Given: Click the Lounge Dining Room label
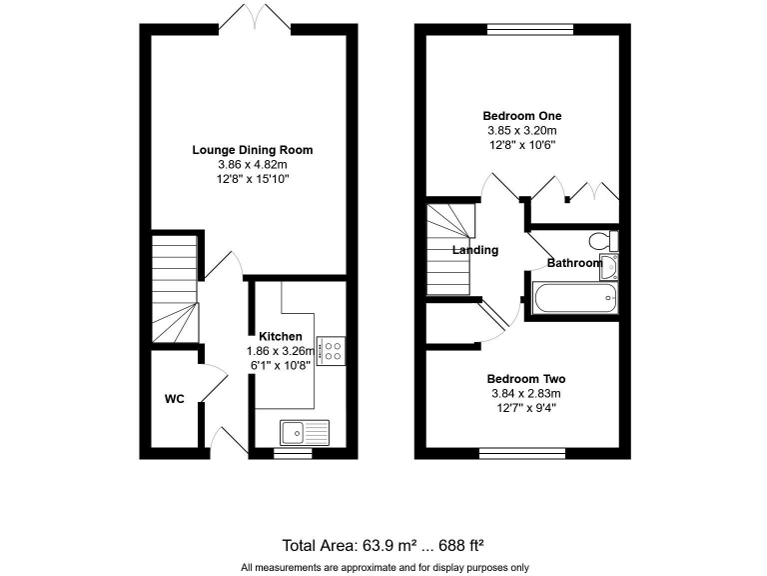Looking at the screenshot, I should point(253,150).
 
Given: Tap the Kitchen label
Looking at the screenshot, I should point(281,336).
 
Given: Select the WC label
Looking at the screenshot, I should point(175,399).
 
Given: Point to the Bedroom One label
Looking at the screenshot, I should point(520,116).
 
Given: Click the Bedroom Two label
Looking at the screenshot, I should point(526,379).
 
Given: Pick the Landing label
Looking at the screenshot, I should point(475,250).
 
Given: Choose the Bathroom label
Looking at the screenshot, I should point(574,263).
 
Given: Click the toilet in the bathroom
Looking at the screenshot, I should point(602,241).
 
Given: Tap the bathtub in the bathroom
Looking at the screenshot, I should point(574,298).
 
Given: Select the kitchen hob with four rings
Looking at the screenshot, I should point(331,350).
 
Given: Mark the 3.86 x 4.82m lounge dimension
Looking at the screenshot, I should point(253,164).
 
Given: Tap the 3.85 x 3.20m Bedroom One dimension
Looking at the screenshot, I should point(520,130).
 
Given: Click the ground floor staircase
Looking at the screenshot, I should point(174,290).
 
